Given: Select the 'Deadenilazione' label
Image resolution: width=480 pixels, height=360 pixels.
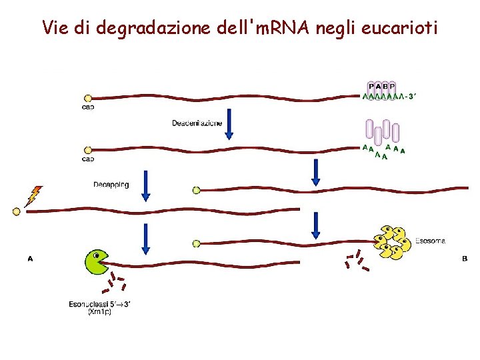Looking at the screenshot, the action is coord(197,123).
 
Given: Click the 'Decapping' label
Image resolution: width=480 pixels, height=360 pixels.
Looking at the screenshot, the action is coord(111,184).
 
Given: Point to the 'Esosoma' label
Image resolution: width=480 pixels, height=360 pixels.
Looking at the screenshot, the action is coord(430,241).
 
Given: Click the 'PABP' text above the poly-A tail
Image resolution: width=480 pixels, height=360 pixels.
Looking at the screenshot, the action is coord(382,85).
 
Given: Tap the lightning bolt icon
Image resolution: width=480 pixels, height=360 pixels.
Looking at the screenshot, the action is coord(33,196).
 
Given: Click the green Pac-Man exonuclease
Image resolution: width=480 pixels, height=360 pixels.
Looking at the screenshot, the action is coord(97,261).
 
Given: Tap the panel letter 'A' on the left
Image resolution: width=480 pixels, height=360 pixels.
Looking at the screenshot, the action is coord(30,259).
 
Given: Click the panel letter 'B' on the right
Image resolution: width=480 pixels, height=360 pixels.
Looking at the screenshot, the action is coord(465,258).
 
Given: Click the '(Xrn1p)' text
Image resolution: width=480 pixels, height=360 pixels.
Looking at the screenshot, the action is coord(101,312).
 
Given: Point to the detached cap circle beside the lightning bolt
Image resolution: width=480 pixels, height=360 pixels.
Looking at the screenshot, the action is coord(17,212).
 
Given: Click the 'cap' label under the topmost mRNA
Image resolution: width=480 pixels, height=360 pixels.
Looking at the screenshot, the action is coord(87,107).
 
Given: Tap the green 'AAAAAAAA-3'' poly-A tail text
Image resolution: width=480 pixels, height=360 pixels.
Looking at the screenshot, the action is coord(389,97).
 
